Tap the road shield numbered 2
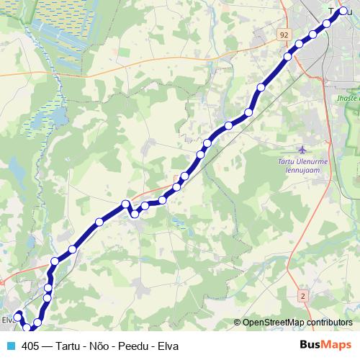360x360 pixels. [x=303, y=296]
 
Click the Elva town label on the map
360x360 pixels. [x=7, y=320]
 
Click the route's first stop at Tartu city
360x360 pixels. [x=343, y=12]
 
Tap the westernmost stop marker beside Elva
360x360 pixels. [x=18, y=316]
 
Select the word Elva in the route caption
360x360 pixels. [x=170, y=346]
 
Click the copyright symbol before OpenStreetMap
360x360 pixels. [x=238, y=323]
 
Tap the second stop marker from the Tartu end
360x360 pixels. [x=327, y=23]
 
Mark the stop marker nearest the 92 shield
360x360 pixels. [x=288, y=56]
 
